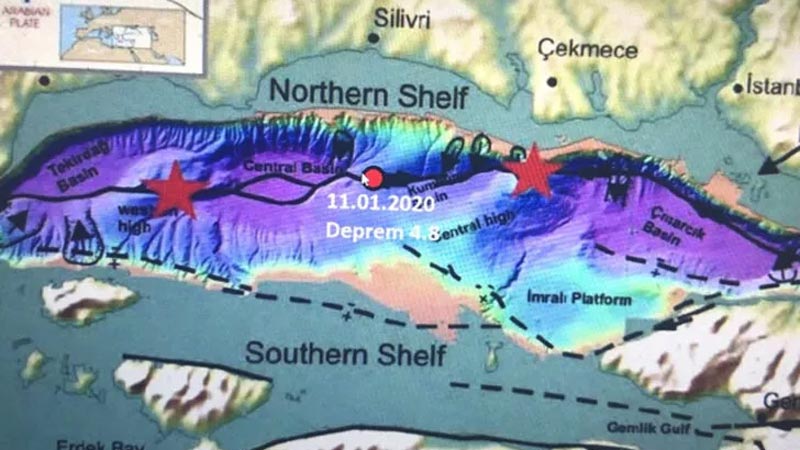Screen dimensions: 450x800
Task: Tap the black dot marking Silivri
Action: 373,38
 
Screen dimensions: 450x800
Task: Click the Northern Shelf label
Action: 369,95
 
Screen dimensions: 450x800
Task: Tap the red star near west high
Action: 176,188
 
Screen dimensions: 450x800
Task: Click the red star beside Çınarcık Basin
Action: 532,171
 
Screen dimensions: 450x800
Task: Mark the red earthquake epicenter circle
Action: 374,178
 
